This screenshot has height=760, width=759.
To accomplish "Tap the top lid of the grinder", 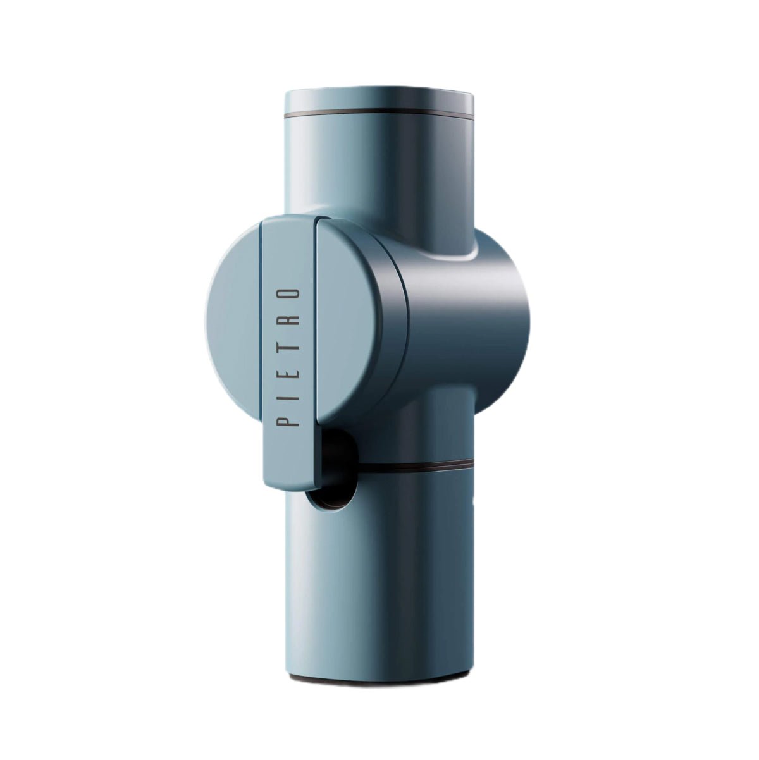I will pos(378,101).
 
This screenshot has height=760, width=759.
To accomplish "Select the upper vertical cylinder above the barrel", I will pos(378,171).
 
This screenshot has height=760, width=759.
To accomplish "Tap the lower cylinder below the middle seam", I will pos(392,569).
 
